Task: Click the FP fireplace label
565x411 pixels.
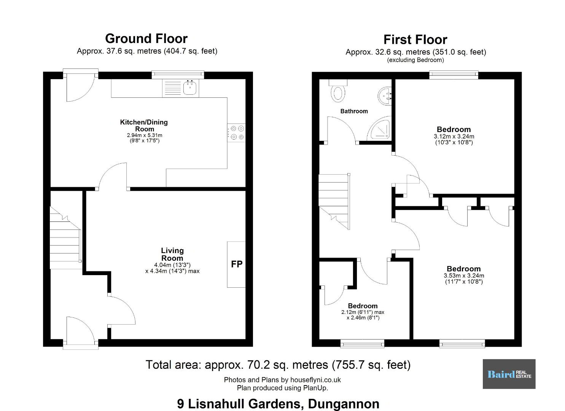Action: (237, 264)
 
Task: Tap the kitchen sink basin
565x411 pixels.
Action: (190, 88)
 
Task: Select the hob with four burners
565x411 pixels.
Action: (236, 133)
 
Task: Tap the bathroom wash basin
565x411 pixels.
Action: (385, 96)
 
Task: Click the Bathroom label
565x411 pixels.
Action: (354, 111)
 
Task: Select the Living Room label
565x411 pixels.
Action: (172, 254)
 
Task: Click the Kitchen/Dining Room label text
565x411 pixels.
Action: (144, 126)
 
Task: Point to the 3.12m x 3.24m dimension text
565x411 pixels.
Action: (454, 137)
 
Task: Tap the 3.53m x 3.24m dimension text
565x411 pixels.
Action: (464, 276)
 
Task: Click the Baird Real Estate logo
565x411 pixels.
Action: (509, 374)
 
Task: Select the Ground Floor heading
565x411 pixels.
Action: (146, 38)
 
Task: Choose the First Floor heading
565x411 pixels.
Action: (415, 40)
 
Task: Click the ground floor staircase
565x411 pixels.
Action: (65, 238)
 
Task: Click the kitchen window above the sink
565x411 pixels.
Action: (178, 74)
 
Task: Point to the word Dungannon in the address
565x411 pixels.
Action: (344, 404)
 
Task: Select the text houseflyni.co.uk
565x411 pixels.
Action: (315, 380)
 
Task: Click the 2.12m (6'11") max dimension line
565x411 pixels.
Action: (363, 312)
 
